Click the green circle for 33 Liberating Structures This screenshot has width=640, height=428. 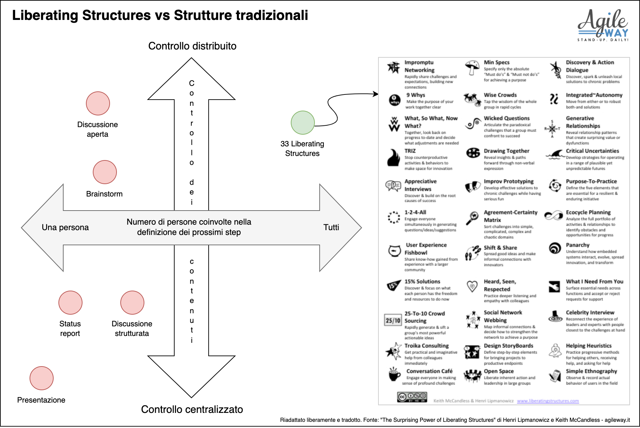[x=302, y=123]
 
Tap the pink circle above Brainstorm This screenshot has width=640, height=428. [x=105, y=172]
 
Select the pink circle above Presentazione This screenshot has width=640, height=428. [x=42, y=378]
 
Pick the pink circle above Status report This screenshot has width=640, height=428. [x=70, y=303]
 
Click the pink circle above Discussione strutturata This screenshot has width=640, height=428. [x=132, y=303]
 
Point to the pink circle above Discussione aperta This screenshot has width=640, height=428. [x=98, y=103]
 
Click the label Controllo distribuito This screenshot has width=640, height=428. [x=192, y=46]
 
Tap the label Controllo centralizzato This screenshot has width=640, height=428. [x=192, y=409]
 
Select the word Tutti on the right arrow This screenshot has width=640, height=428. [x=331, y=227]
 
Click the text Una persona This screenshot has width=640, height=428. [x=65, y=227]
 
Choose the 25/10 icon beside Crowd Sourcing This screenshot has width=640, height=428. [x=393, y=320]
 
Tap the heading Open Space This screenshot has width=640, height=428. [x=499, y=371]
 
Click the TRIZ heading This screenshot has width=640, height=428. [x=410, y=151]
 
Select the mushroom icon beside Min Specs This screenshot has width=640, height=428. [x=472, y=67]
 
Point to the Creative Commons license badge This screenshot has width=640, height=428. [x=412, y=397]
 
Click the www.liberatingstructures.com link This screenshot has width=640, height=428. [x=548, y=401]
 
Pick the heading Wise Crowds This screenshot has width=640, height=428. [x=500, y=95]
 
